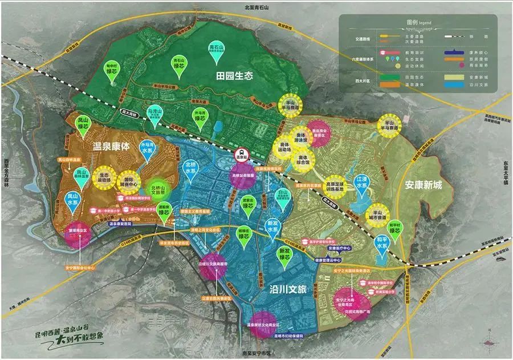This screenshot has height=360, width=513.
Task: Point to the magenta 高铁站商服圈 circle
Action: pyautogui.click(x=246, y=177)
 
